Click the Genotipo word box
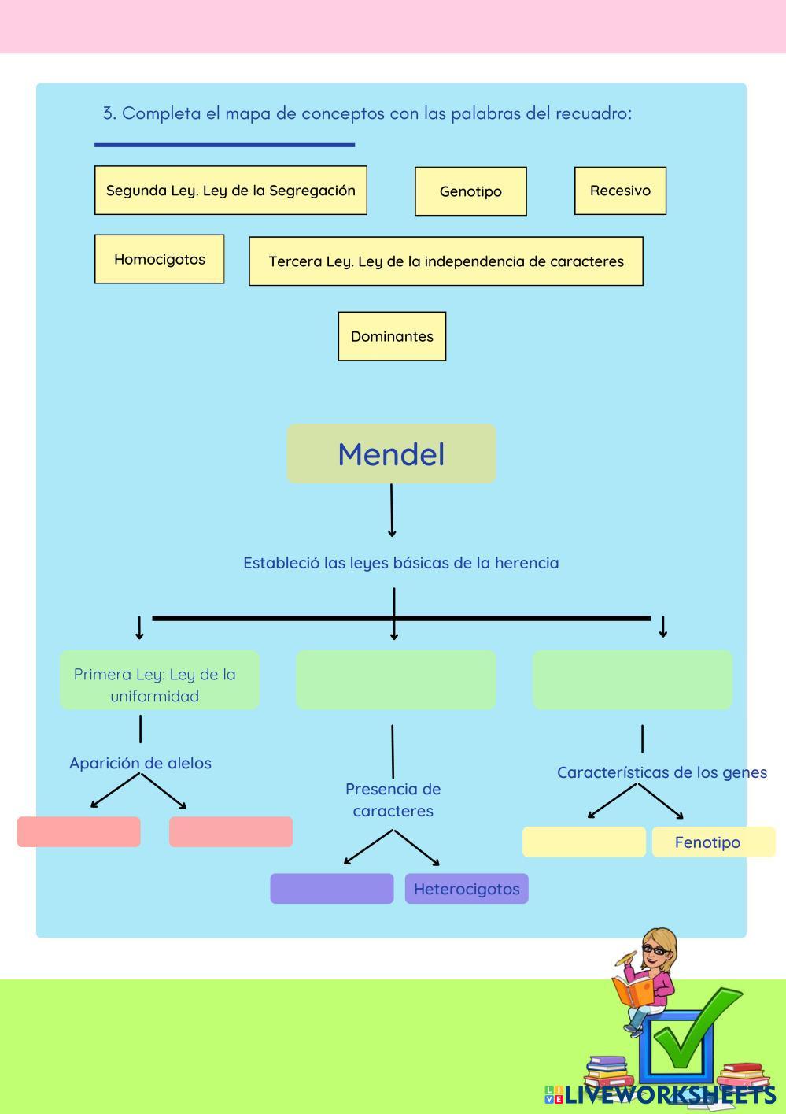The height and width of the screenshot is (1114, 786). [x=470, y=191]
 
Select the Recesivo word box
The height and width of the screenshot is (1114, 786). [x=620, y=191]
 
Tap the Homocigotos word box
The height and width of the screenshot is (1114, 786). [x=159, y=259]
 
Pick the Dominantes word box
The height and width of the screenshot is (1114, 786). [x=392, y=336]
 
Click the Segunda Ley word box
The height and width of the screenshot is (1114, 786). [x=231, y=191]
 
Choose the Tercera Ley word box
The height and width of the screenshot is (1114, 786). [x=445, y=261]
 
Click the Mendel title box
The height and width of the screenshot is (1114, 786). [x=391, y=454]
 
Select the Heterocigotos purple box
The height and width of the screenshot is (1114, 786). [x=467, y=889]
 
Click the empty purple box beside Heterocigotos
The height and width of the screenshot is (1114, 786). [x=331, y=889]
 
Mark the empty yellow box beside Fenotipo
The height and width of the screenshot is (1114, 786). [x=584, y=842]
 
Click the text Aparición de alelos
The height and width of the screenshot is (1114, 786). [x=140, y=763]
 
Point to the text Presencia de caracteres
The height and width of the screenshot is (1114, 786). [x=393, y=800]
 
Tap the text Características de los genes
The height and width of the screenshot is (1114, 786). [x=662, y=772]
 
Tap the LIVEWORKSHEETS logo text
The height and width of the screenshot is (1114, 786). [x=669, y=1095]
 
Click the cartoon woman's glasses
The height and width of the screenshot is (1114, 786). [x=654, y=950]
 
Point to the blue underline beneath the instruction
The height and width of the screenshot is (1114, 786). [x=224, y=145]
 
